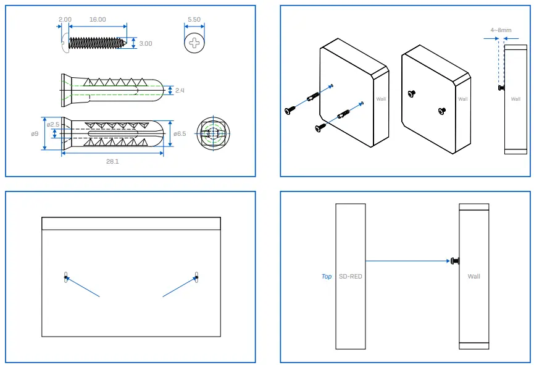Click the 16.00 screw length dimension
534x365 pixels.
(98, 19)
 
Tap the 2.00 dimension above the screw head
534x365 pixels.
(65, 19)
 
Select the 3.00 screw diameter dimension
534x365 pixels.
(146, 44)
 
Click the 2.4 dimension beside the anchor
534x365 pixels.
(180, 90)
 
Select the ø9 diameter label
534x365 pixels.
(35, 133)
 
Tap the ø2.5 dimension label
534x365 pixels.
(53, 124)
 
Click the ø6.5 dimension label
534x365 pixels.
(180, 133)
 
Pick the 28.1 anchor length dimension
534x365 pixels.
(112, 161)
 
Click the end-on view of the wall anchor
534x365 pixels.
(213, 133)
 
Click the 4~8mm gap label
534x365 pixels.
(500, 29)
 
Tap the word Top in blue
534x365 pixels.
(327, 276)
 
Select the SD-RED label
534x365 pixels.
(351, 276)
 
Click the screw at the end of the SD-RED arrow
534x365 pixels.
(454, 261)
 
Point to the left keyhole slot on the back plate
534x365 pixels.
(66, 277)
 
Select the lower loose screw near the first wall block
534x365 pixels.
(320, 127)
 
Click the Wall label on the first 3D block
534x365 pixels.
(380, 99)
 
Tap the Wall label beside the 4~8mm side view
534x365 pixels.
(515, 99)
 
